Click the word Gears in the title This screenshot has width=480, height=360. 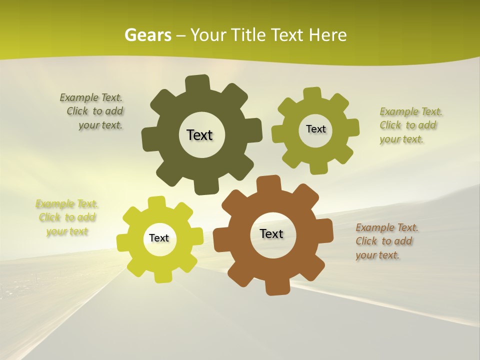(147, 35)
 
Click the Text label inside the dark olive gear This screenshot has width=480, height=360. (199, 135)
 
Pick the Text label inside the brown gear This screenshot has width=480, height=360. (271, 233)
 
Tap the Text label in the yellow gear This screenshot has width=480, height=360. (159, 238)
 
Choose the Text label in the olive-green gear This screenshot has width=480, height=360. (315, 129)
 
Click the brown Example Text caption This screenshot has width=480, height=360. (386, 241)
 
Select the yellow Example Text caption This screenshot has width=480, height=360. (67, 217)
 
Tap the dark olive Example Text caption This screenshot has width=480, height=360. (92, 111)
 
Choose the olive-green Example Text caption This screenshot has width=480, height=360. (410, 125)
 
